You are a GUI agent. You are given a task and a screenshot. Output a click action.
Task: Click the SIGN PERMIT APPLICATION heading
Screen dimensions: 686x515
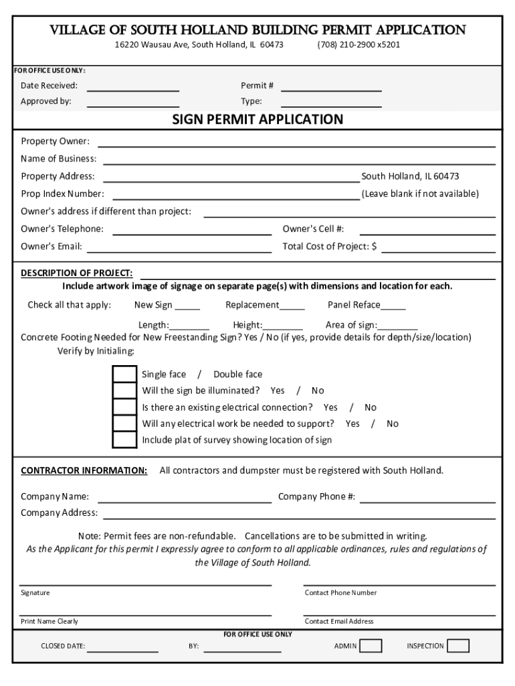click(257, 120)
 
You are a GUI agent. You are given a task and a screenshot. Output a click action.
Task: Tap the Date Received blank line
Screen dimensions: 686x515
click(133, 89)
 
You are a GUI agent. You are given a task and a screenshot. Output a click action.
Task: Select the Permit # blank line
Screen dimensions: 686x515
click(331, 89)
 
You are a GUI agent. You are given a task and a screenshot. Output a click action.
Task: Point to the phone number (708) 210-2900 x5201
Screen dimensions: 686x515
click(358, 45)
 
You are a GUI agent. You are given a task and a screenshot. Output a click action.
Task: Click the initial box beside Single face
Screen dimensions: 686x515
click(124, 374)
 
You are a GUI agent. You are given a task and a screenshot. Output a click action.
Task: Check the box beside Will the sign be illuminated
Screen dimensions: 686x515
click(124, 391)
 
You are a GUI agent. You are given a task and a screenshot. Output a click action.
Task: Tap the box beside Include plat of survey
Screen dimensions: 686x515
click(124, 440)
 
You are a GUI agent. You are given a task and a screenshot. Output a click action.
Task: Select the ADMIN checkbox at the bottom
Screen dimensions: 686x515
click(371, 646)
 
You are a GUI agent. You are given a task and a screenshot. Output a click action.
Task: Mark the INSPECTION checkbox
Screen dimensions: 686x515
click(458, 646)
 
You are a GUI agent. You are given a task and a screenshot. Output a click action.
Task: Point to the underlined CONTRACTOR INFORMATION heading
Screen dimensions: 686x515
click(84, 470)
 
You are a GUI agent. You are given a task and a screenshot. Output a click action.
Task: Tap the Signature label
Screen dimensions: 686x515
click(35, 593)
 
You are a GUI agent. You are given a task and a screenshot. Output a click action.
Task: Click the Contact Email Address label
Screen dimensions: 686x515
click(339, 621)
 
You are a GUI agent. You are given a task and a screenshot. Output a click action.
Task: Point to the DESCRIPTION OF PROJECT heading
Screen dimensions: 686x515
click(76, 273)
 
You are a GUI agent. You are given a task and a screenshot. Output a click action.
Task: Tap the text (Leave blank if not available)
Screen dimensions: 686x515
click(420, 194)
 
